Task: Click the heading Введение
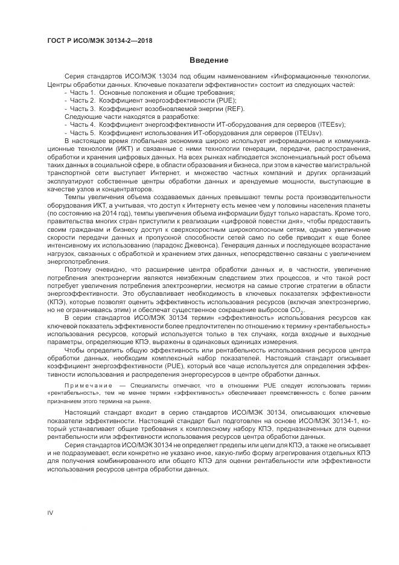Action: point(209,60)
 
